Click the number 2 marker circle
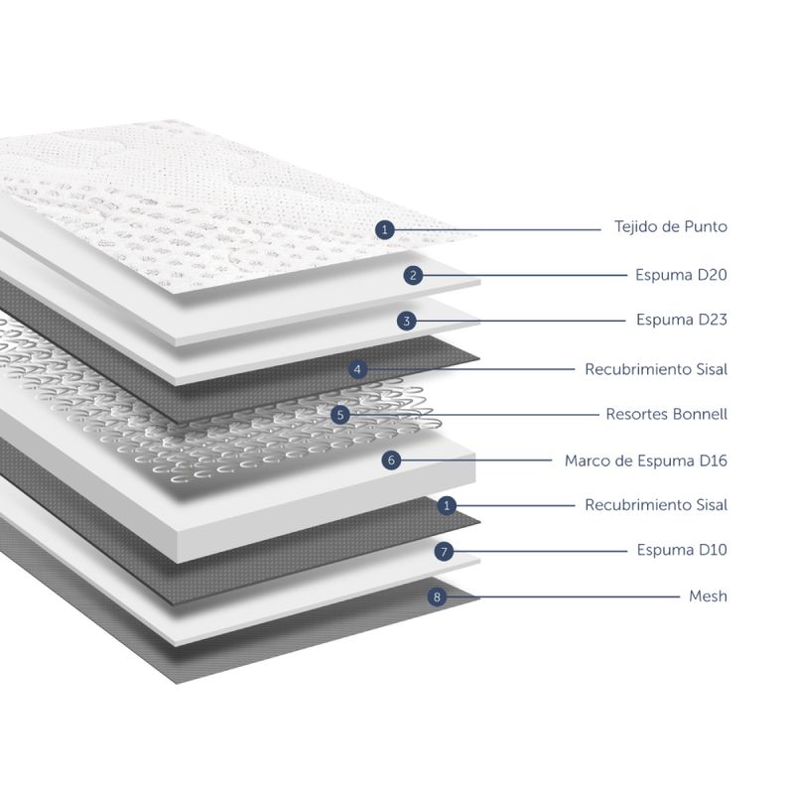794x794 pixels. (414, 275)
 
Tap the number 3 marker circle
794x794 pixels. (406, 321)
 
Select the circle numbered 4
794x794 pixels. (359, 369)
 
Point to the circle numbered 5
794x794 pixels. (341, 415)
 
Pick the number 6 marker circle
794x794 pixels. (392, 461)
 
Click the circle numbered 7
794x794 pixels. (445, 550)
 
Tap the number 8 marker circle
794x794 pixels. (435, 596)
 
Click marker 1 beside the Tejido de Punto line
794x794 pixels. (386, 229)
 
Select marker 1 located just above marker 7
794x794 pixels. (448, 505)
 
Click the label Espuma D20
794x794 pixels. (681, 274)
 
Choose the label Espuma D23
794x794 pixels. (681, 320)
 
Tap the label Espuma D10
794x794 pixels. (681, 550)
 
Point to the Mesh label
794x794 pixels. (708, 596)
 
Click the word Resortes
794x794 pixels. (638, 414)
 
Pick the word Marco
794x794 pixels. (589, 461)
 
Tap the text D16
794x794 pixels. (711, 461)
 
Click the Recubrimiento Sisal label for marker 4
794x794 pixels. (656, 369)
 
